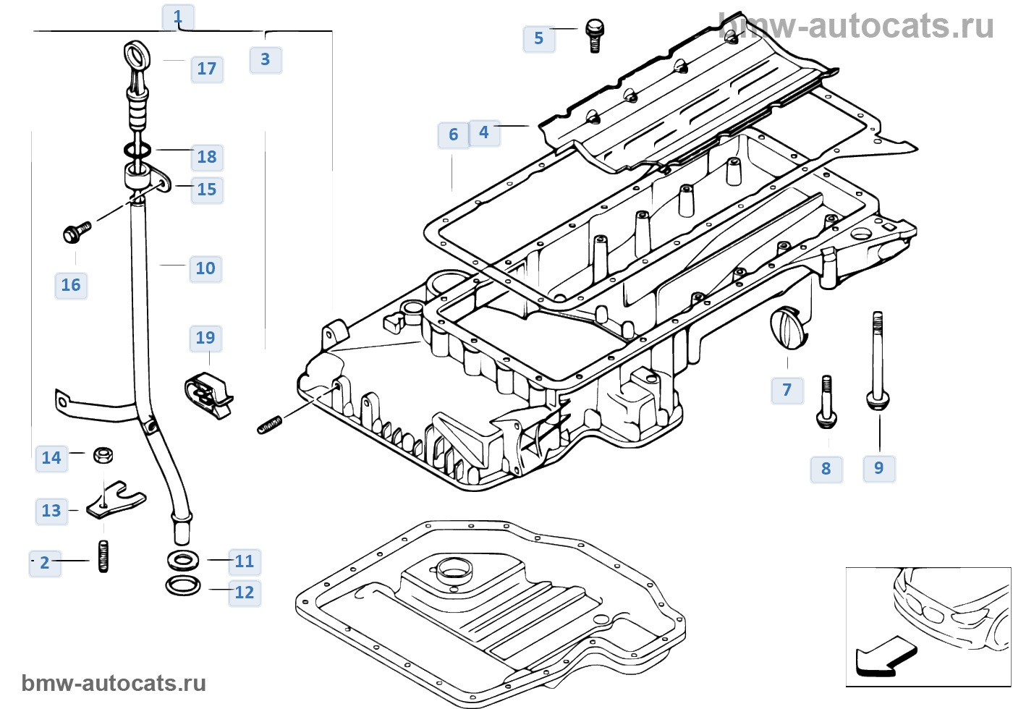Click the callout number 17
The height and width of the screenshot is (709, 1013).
point(207,69)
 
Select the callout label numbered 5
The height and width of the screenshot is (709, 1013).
point(539,39)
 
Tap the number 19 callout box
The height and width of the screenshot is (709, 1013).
point(205,338)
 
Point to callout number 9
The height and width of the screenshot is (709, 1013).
point(879,468)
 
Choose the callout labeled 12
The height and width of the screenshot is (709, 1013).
point(245,593)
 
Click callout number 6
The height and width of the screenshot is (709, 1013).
point(453,135)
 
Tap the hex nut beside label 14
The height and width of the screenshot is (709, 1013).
point(103,455)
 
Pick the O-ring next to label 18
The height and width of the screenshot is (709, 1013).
point(137,150)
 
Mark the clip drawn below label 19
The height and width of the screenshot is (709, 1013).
point(209,396)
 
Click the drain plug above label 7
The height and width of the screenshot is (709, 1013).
point(788,328)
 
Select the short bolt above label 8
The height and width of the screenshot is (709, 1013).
point(826,402)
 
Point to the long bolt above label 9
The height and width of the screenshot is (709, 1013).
point(878,362)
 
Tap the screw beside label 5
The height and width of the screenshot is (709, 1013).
point(595,35)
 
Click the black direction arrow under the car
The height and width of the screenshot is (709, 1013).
point(884,657)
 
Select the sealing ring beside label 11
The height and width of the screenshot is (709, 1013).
point(183,560)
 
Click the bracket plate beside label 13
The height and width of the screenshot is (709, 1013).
point(116,501)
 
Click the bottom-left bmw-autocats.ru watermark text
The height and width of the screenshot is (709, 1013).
point(114,684)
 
